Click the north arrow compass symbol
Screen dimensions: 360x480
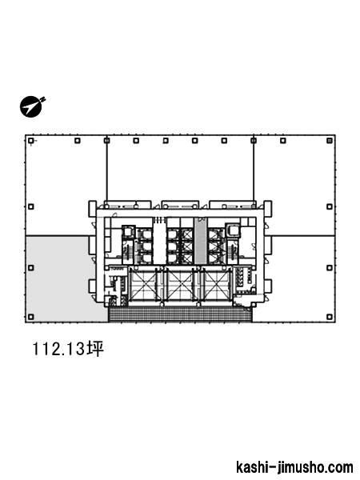[31, 107]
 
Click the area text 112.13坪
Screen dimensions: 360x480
[68, 349]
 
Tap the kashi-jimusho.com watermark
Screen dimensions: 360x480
[294, 467]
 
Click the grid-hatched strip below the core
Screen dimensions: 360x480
[180, 314]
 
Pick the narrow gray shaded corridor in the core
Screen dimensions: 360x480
[201, 241]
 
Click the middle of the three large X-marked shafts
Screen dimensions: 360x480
[181, 285]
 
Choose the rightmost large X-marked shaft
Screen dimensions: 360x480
[216, 285]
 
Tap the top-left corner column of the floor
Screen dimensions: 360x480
[30, 141]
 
